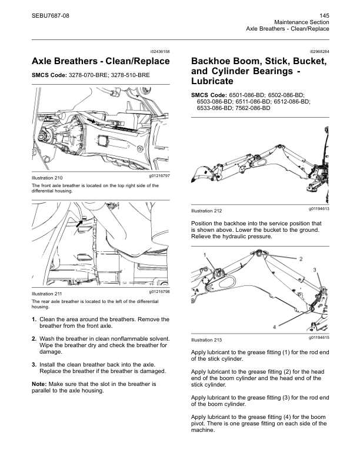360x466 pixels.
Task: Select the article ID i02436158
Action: pyautogui.click(x=161, y=52)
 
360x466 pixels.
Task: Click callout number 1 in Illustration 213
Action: pyautogui.click(x=205, y=255)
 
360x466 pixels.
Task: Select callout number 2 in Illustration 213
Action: pyautogui.click(x=301, y=259)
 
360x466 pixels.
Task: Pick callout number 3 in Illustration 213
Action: pyautogui.click(x=315, y=269)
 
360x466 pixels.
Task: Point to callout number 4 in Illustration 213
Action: pyautogui.click(x=258, y=327)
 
